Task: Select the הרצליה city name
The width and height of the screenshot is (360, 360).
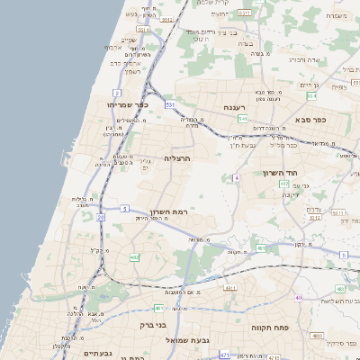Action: pyautogui.click(x=177, y=157)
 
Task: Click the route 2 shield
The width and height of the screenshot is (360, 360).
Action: pyautogui.click(x=117, y=93)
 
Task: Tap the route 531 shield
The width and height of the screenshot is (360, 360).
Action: pyautogui.click(x=170, y=105)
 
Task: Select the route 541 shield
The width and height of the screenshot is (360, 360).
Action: pyautogui.click(x=242, y=118)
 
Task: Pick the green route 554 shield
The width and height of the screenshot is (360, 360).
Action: pyautogui.click(x=310, y=94)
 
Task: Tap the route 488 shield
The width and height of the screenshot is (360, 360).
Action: pyautogui.click(x=339, y=289)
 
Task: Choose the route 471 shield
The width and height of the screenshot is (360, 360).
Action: pyautogui.click(x=224, y=356)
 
